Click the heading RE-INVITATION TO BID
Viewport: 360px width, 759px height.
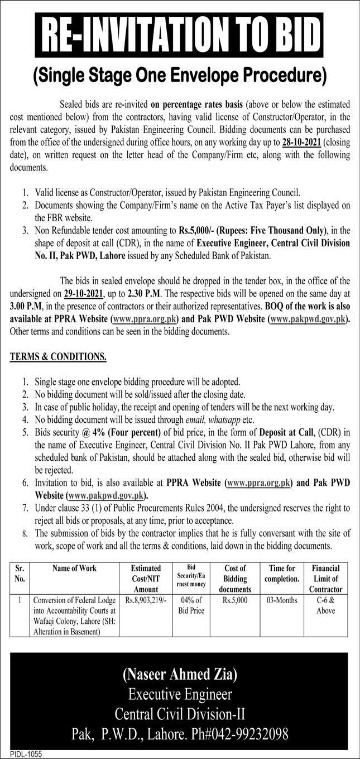point(179,36)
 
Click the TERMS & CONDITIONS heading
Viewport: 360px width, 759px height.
point(58,356)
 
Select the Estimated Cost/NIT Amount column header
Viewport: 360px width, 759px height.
point(146,578)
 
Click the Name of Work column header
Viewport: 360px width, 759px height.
point(74,568)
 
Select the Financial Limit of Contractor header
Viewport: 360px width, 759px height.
point(327,578)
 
